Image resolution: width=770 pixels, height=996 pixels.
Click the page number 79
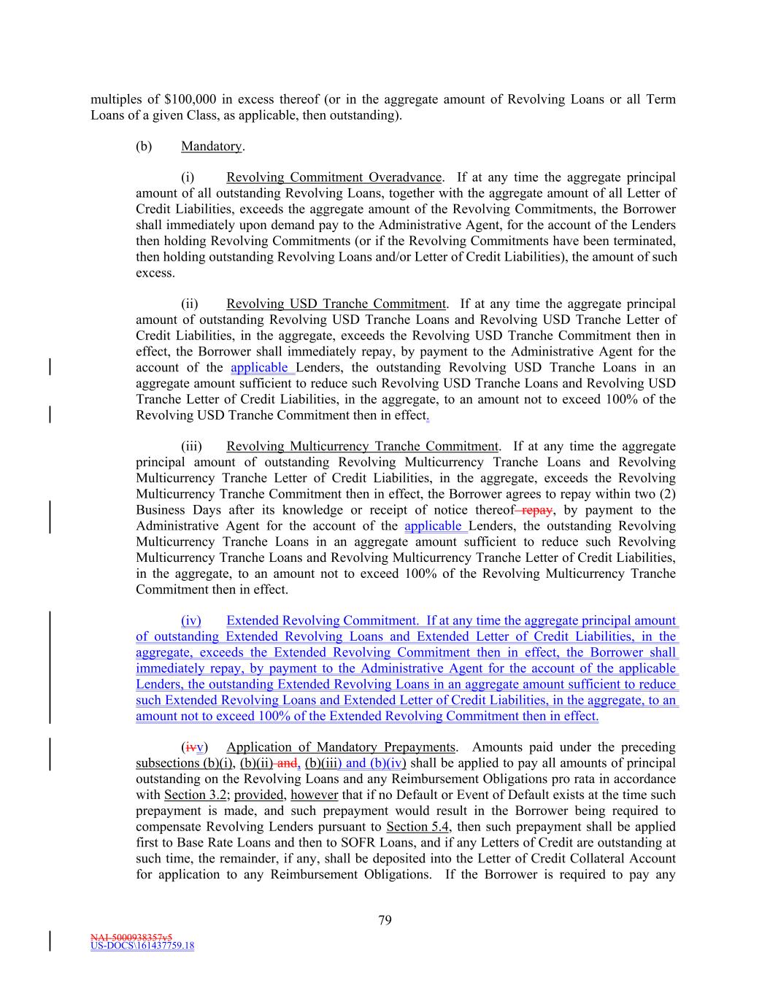coord(385,920)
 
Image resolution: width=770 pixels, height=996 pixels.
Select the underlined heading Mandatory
coord(211,146)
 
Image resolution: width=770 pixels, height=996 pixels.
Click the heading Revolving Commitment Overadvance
coord(334,177)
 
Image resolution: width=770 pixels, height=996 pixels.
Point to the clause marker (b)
coord(144,146)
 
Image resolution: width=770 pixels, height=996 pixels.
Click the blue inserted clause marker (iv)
coord(191,621)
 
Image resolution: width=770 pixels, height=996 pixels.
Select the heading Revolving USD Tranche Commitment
coord(336,304)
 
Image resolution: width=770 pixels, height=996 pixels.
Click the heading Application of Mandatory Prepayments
coord(341,747)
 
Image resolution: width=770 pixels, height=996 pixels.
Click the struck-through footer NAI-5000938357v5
coord(131,936)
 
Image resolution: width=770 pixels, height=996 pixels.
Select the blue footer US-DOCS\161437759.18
coord(142,946)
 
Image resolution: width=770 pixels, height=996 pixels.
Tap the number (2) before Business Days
coord(667,494)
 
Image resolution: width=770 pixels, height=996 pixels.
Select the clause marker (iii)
coord(191,446)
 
